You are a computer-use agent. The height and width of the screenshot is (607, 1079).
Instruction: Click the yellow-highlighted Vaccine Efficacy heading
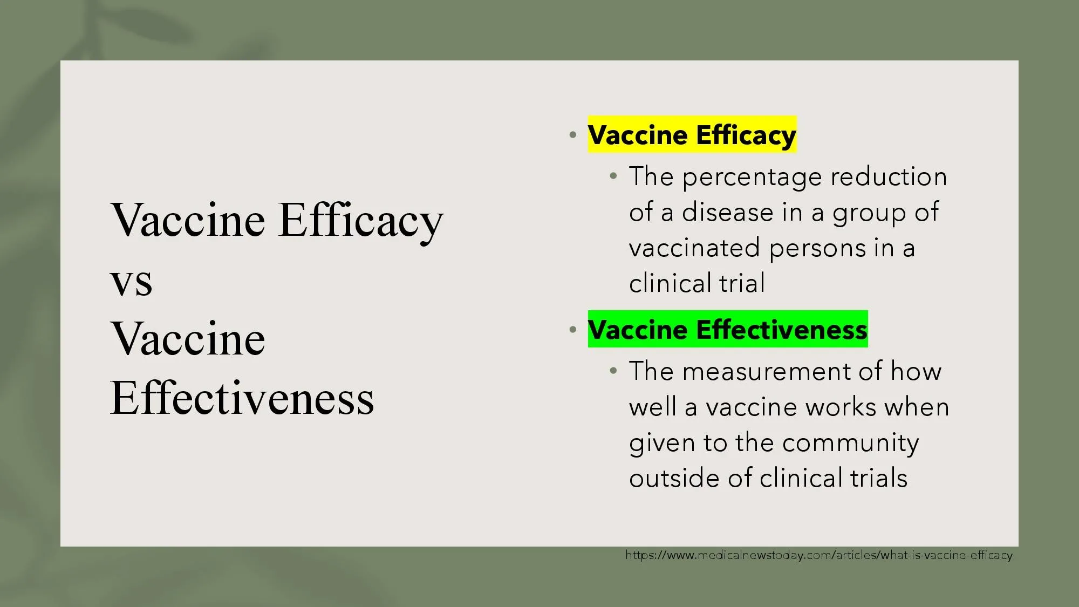point(692,134)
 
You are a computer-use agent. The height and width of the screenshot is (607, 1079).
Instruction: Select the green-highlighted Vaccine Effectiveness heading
point(728,329)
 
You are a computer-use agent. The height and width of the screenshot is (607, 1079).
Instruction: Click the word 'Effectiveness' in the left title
point(242,398)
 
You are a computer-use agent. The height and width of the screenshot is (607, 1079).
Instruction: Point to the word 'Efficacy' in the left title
point(361,221)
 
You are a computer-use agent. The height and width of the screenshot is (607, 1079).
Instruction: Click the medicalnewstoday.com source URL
point(819,555)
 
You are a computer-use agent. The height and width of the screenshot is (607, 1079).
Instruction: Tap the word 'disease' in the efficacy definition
point(727,212)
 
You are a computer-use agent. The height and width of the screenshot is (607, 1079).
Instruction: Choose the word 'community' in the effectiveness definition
point(850,444)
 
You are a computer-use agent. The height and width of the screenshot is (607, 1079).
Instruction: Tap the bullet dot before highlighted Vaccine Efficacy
point(573,135)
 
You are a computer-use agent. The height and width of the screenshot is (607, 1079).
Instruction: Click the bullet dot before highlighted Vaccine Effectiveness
point(573,330)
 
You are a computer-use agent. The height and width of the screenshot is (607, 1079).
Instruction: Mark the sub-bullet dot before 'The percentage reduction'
point(613,176)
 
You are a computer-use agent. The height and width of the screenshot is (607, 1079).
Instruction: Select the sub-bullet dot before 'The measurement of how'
point(613,371)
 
